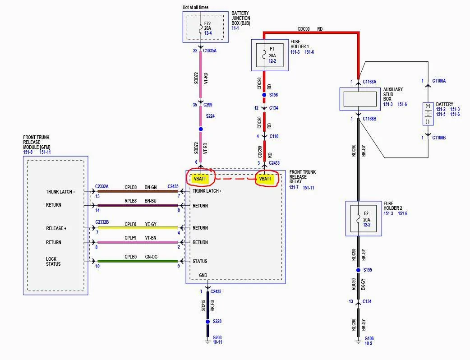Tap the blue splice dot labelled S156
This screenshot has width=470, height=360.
[x=264, y=95]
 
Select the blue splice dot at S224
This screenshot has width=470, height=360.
[x=201, y=129]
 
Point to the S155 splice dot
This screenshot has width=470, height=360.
[x=358, y=270]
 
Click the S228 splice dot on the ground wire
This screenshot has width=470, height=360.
[x=207, y=322]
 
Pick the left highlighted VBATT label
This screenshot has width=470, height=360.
[x=200, y=179]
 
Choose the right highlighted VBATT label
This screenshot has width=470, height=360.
[x=265, y=179]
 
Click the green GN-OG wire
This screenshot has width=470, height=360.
[x=138, y=261]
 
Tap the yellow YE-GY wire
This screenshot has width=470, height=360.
[x=138, y=228]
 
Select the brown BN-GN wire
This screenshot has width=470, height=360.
[x=138, y=191]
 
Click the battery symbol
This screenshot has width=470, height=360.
[x=428, y=114]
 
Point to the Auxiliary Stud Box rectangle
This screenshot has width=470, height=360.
[x=359, y=99]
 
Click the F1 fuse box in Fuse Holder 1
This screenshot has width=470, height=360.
[x=270, y=55]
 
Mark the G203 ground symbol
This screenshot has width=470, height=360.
[x=207, y=341]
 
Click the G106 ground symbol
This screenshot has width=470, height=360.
[x=358, y=342]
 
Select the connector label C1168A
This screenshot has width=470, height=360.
[x=369, y=82]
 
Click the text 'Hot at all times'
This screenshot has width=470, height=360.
[x=195, y=7]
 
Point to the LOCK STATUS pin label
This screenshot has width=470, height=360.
[x=53, y=261]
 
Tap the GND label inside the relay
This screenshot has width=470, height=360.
[x=203, y=275]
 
